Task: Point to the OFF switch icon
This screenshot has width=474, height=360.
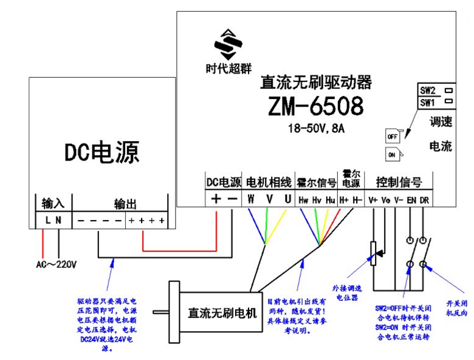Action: (x=392, y=136)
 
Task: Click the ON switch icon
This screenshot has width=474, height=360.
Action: (x=392, y=156)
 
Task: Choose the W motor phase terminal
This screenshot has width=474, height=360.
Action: (x=251, y=199)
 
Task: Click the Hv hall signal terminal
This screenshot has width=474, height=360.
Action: (x=317, y=199)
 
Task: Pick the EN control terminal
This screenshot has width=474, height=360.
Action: (x=411, y=199)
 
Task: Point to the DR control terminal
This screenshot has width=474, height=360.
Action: (x=424, y=199)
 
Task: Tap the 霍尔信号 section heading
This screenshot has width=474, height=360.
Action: (x=317, y=182)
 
